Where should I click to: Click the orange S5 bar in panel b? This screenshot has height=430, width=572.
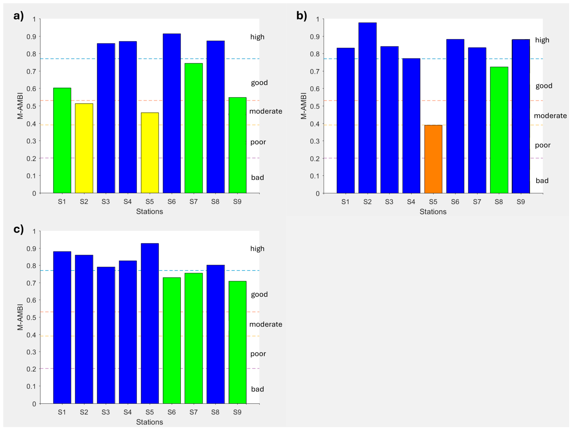click(x=433, y=159)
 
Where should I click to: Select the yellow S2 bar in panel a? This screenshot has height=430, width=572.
click(x=84, y=148)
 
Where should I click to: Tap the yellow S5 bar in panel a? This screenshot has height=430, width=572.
click(x=150, y=153)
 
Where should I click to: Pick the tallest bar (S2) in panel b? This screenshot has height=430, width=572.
click(x=367, y=108)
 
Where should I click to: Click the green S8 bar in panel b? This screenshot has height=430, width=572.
click(x=499, y=130)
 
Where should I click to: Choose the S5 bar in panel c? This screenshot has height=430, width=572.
click(x=150, y=323)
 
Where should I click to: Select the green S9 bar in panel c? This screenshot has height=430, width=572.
click(x=237, y=342)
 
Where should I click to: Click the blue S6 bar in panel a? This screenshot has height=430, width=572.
click(x=172, y=113)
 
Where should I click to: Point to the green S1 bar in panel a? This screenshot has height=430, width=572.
click(x=62, y=140)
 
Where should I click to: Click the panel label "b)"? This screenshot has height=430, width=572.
click(x=302, y=15)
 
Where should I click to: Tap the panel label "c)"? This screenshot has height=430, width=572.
click(x=18, y=229)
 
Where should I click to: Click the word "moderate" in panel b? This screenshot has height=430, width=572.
click(x=550, y=116)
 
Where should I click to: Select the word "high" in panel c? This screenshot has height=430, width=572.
click(x=257, y=249)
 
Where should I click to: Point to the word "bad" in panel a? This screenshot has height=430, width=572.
click(x=258, y=177)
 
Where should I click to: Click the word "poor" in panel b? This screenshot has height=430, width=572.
click(x=542, y=145)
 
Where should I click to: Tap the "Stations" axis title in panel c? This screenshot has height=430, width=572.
click(x=150, y=422)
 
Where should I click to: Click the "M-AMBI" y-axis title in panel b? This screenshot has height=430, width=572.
click(x=303, y=106)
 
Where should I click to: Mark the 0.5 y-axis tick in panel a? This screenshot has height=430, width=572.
click(x=31, y=106)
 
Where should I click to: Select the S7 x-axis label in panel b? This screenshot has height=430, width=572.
click(x=477, y=202)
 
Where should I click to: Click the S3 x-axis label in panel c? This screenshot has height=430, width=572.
click(x=106, y=412)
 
